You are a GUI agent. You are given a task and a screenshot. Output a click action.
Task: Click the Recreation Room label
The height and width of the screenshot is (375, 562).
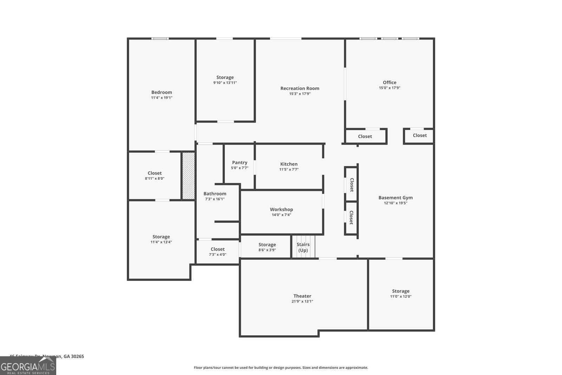(300, 88)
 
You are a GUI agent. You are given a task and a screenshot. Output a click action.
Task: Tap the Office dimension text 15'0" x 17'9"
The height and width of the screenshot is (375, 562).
(390, 88)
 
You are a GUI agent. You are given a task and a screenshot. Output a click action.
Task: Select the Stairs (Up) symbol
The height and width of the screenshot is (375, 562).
(303, 247)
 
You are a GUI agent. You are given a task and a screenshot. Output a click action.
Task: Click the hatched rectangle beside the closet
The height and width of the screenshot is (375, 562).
(188, 176)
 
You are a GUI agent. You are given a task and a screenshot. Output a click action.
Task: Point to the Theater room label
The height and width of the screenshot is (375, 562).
(302, 296)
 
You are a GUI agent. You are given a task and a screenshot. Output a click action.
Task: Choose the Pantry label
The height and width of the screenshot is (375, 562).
(240, 162)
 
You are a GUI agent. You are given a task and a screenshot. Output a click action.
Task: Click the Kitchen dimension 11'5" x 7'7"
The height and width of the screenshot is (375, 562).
(289, 169)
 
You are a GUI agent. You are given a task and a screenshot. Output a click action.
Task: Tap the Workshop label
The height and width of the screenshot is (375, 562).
(281, 209)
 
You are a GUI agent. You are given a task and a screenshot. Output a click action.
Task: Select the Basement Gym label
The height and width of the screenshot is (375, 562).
(396, 198)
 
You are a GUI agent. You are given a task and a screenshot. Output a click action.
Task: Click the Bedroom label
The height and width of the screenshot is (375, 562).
(162, 92)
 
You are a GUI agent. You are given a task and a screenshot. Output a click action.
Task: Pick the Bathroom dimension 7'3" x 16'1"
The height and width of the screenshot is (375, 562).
(215, 199)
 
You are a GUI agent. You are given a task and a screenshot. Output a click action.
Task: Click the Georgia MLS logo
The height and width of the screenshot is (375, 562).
(28, 366)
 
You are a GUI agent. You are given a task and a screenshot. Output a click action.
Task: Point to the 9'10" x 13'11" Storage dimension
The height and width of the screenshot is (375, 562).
(225, 83)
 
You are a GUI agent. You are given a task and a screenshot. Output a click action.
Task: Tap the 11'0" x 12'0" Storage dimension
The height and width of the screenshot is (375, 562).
(401, 296)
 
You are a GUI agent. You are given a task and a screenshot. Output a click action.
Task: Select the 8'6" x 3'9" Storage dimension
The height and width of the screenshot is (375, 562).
(267, 250)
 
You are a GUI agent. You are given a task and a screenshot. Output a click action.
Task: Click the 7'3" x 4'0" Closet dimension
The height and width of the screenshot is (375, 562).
(217, 254)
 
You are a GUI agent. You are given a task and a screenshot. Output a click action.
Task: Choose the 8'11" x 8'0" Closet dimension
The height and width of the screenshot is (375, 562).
(155, 178)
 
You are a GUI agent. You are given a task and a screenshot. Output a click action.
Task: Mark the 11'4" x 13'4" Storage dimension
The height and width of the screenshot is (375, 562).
(161, 242)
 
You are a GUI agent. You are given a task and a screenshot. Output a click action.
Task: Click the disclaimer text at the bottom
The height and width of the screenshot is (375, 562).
(281, 368)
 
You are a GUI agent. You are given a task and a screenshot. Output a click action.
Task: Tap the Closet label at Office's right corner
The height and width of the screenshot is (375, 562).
(420, 135)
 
